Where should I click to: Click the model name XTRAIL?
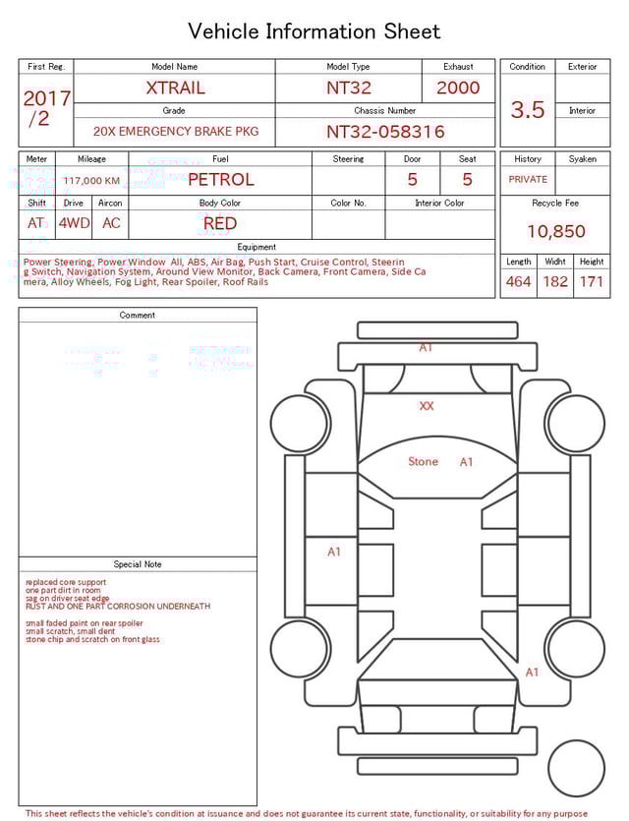(175, 88)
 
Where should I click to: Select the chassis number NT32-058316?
(385, 131)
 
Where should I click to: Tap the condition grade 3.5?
(528, 109)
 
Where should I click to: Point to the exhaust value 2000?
(458, 88)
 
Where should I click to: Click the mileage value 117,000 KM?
(91, 181)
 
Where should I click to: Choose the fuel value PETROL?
(220, 180)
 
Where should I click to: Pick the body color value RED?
(220, 223)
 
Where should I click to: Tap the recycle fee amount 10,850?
(555, 231)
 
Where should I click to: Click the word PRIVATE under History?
(528, 180)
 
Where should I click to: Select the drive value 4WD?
(74, 223)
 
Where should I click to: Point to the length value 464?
(518, 281)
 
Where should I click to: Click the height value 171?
(591, 281)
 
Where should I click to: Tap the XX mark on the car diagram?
(427, 405)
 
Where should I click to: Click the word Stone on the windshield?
(424, 461)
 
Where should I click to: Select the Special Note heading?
(138, 564)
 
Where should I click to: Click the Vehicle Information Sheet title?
(314, 31)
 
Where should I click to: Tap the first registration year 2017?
(46, 99)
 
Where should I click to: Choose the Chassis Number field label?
(385, 111)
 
